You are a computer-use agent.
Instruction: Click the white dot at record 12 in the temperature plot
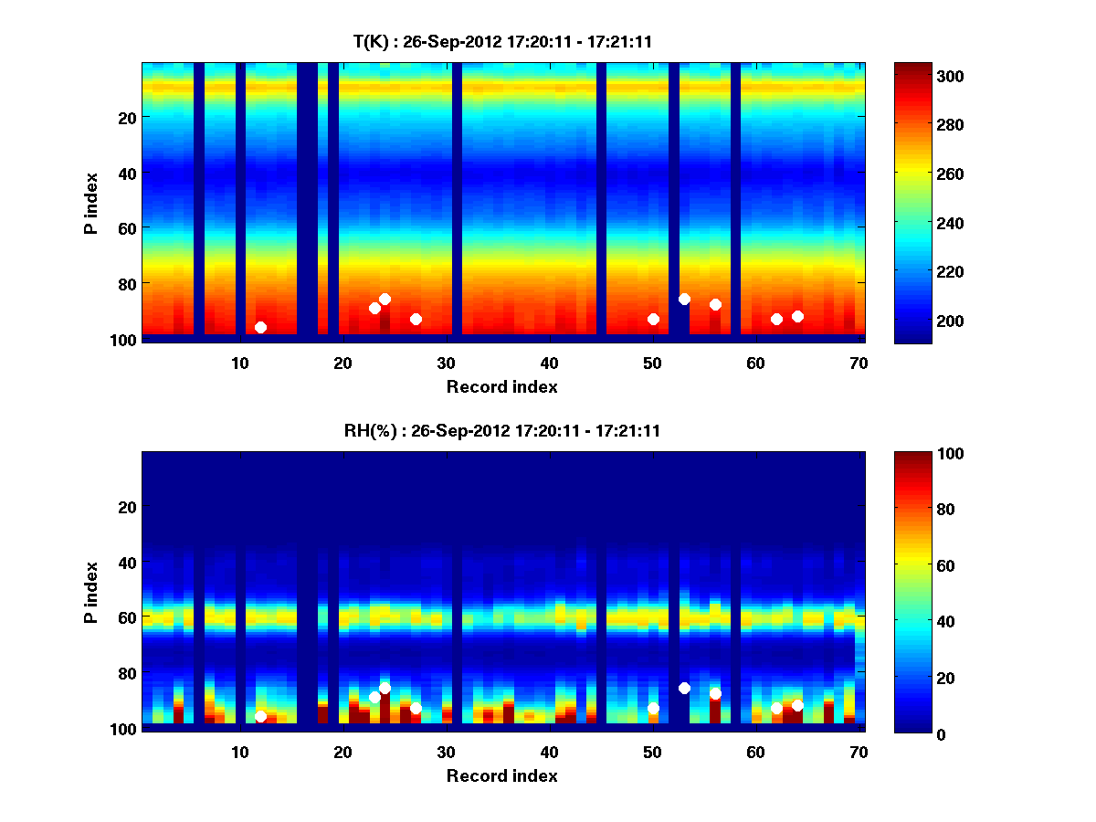point(260,327)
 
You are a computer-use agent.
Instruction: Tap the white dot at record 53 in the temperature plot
point(684,299)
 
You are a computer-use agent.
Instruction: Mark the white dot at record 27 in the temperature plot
point(416,319)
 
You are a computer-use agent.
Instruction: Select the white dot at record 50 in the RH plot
point(653,708)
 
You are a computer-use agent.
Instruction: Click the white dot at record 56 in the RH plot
point(715,693)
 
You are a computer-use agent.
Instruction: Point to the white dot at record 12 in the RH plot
point(260,716)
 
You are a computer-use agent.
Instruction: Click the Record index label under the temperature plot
point(501,386)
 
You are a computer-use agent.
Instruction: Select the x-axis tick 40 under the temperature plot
point(549,363)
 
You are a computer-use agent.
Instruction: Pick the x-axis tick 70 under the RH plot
point(859,752)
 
